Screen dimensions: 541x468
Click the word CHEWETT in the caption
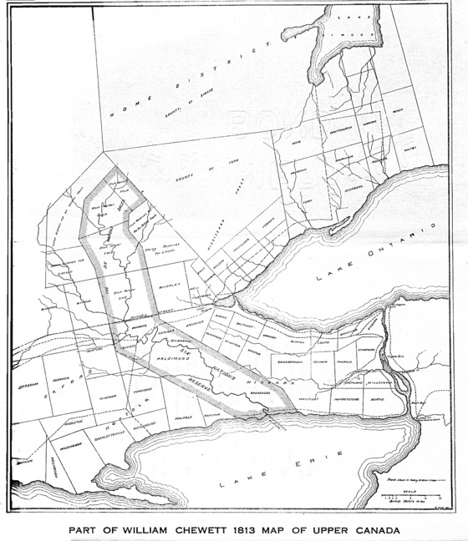[x=196, y=529]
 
